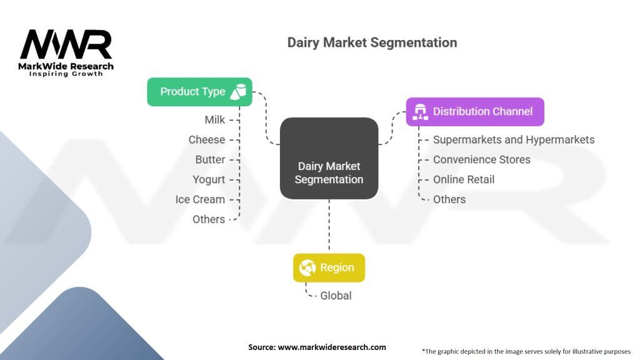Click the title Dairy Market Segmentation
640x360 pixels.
372,42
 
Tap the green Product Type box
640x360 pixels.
199,91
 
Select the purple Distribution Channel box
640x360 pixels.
475,111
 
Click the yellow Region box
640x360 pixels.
329,267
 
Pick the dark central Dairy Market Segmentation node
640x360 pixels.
329,158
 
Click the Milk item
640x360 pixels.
214,119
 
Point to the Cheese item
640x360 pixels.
207,139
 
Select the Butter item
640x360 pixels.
210,159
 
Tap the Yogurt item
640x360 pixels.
209,179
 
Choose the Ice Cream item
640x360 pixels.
200,199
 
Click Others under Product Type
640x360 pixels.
209,219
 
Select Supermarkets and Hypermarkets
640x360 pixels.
514,139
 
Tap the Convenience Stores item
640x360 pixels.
481,159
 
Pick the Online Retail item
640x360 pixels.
464,179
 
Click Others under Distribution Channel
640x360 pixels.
449,199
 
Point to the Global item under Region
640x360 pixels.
336,296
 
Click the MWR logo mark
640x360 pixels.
66,45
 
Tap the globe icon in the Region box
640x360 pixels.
307,267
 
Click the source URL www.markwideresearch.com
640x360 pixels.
331,347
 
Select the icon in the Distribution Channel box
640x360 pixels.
420,111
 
